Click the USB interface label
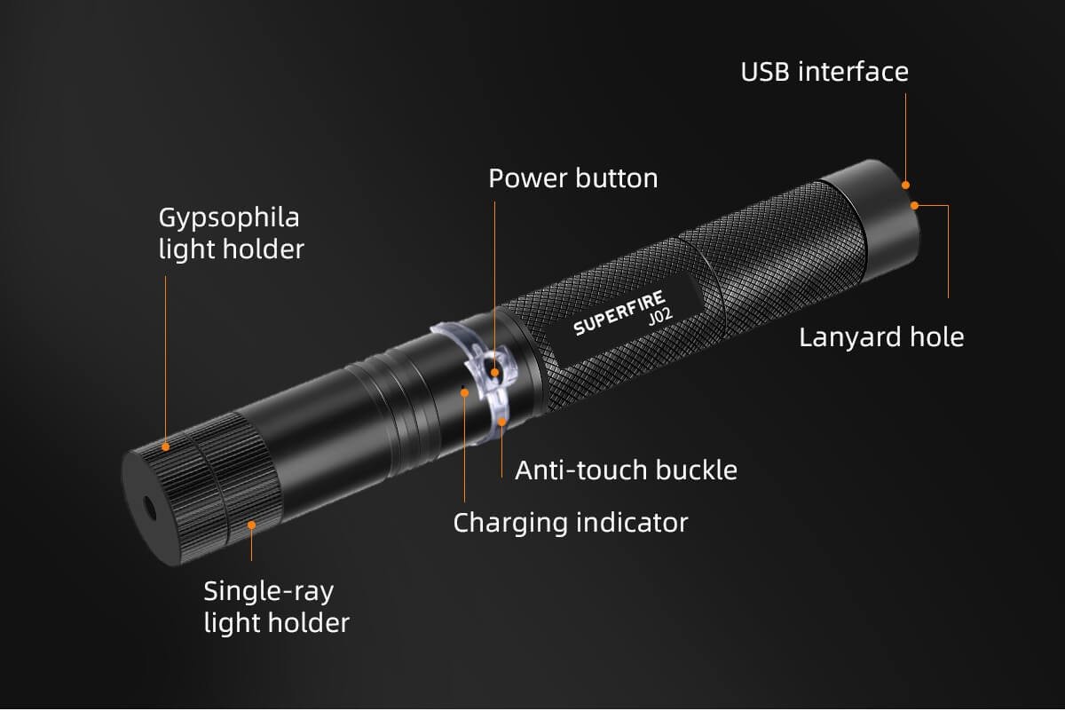click(x=824, y=72)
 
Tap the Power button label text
click(x=573, y=178)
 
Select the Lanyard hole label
click(x=881, y=337)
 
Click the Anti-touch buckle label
click(x=627, y=470)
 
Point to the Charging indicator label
click(x=571, y=523)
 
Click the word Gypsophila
click(x=229, y=218)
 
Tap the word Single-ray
click(x=269, y=593)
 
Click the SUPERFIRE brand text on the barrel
click(x=619, y=312)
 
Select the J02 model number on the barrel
click(x=660, y=317)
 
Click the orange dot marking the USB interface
click(x=906, y=185)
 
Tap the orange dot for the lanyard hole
click(x=914, y=205)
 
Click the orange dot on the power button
click(x=494, y=373)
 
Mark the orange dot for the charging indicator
click(x=464, y=393)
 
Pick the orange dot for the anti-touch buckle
click(x=501, y=422)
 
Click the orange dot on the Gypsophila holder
click(x=165, y=446)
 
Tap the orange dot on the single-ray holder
click(x=251, y=525)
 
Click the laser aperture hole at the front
click(x=149, y=509)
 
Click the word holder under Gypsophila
click(x=263, y=249)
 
